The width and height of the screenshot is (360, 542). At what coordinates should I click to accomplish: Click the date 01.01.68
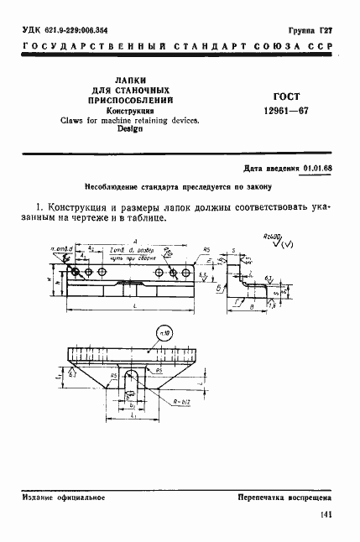(x=317, y=169)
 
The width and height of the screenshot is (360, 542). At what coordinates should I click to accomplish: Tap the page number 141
(x=326, y=514)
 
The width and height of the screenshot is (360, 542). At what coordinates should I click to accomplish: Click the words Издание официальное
(x=65, y=497)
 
